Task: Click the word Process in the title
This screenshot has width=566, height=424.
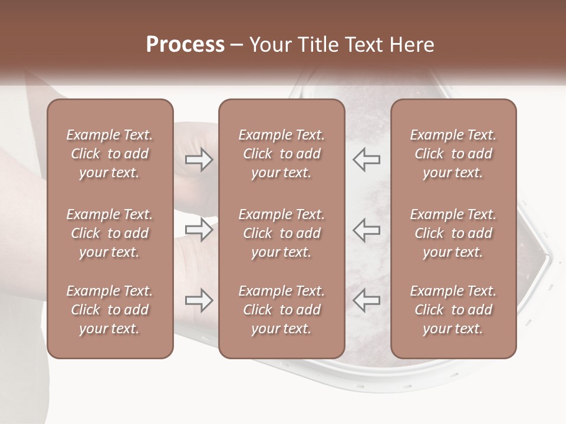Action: [185, 44]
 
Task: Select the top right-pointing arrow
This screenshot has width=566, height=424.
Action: [199, 160]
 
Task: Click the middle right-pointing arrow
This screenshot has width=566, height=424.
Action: [199, 230]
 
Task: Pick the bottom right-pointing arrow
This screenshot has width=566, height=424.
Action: [199, 300]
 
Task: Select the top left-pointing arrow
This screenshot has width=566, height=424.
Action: [367, 160]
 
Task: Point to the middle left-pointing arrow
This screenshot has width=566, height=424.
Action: [367, 230]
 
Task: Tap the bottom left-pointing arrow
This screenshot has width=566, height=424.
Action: [367, 300]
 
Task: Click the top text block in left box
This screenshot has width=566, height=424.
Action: [110, 154]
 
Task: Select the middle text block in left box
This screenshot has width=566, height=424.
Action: [110, 233]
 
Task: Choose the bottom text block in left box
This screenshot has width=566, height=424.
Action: [110, 310]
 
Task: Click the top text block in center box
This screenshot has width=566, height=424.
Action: [282, 154]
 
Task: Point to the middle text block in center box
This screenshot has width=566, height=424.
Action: [282, 233]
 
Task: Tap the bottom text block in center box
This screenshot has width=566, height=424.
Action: [282, 310]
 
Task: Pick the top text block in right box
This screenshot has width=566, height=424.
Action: [453, 154]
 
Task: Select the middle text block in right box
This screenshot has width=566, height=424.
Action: [453, 233]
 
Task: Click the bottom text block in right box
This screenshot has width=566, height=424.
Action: [453, 310]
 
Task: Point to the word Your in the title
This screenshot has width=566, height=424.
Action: [269, 44]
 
